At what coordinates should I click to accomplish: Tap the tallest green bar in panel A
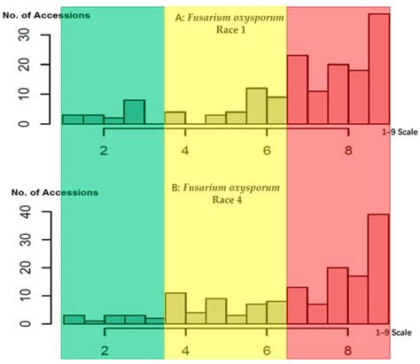pyautogui.click(x=134, y=112)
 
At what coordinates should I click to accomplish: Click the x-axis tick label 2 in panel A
pyautogui.click(x=105, y=151)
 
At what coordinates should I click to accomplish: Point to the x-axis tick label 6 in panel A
pyautogui.click(x=267, y=151)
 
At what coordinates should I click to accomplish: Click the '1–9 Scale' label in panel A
pyautogui.click(x=394, y=135)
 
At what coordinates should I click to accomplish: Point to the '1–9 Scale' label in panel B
pyautogui.click(x=394, y=332)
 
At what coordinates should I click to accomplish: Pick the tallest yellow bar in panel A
pyautogui.click(x=256, y=106)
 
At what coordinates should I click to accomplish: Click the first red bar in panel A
pyautogui.click(x=298, y=89)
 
